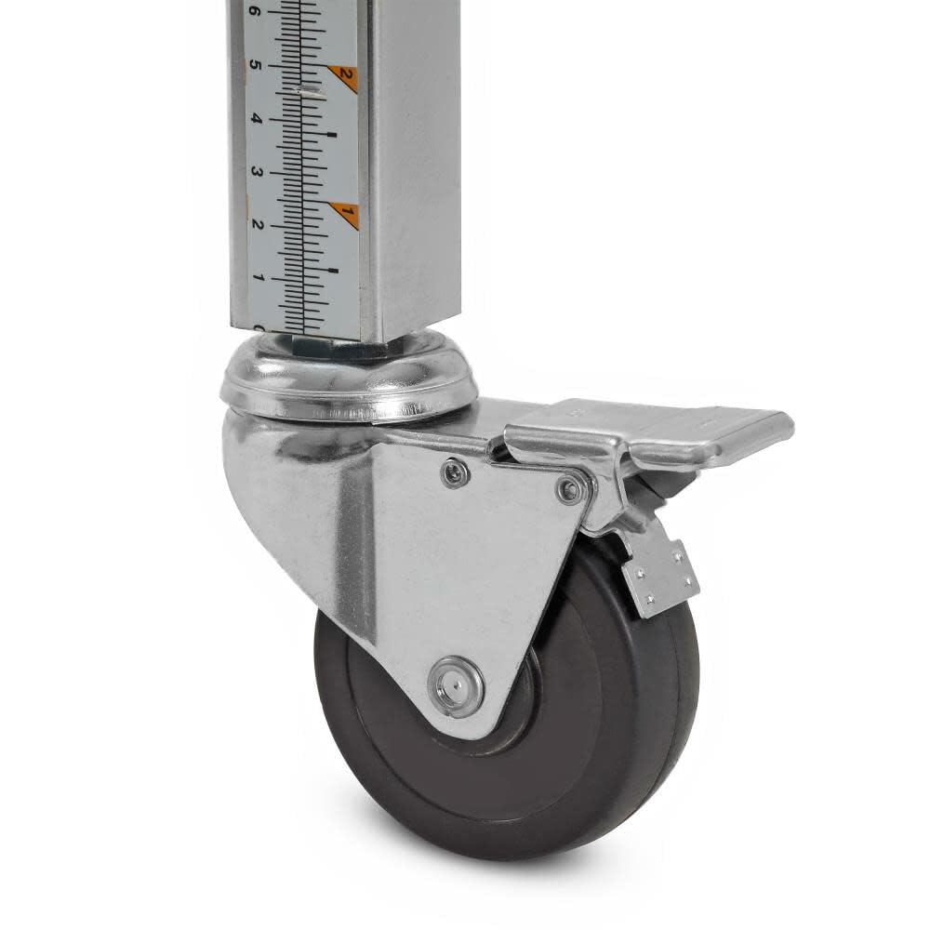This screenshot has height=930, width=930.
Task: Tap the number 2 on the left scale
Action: pyautogui.click(x=257, y=225)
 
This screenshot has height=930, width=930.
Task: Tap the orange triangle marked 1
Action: pyautogui.click(x=346, y=215)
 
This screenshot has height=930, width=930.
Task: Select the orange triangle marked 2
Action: pyautogui.click(x=345, y=76)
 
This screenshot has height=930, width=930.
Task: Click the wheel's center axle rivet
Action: pyautogui.click(x=456, y=686)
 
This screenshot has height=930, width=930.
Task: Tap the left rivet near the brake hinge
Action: pyautogui.click(x=455, y=473)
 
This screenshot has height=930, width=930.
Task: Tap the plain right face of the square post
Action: pyautogui.click(x=414, y=167)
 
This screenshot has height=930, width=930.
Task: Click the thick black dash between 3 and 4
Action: pyautogui.click(x=331, y=136)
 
